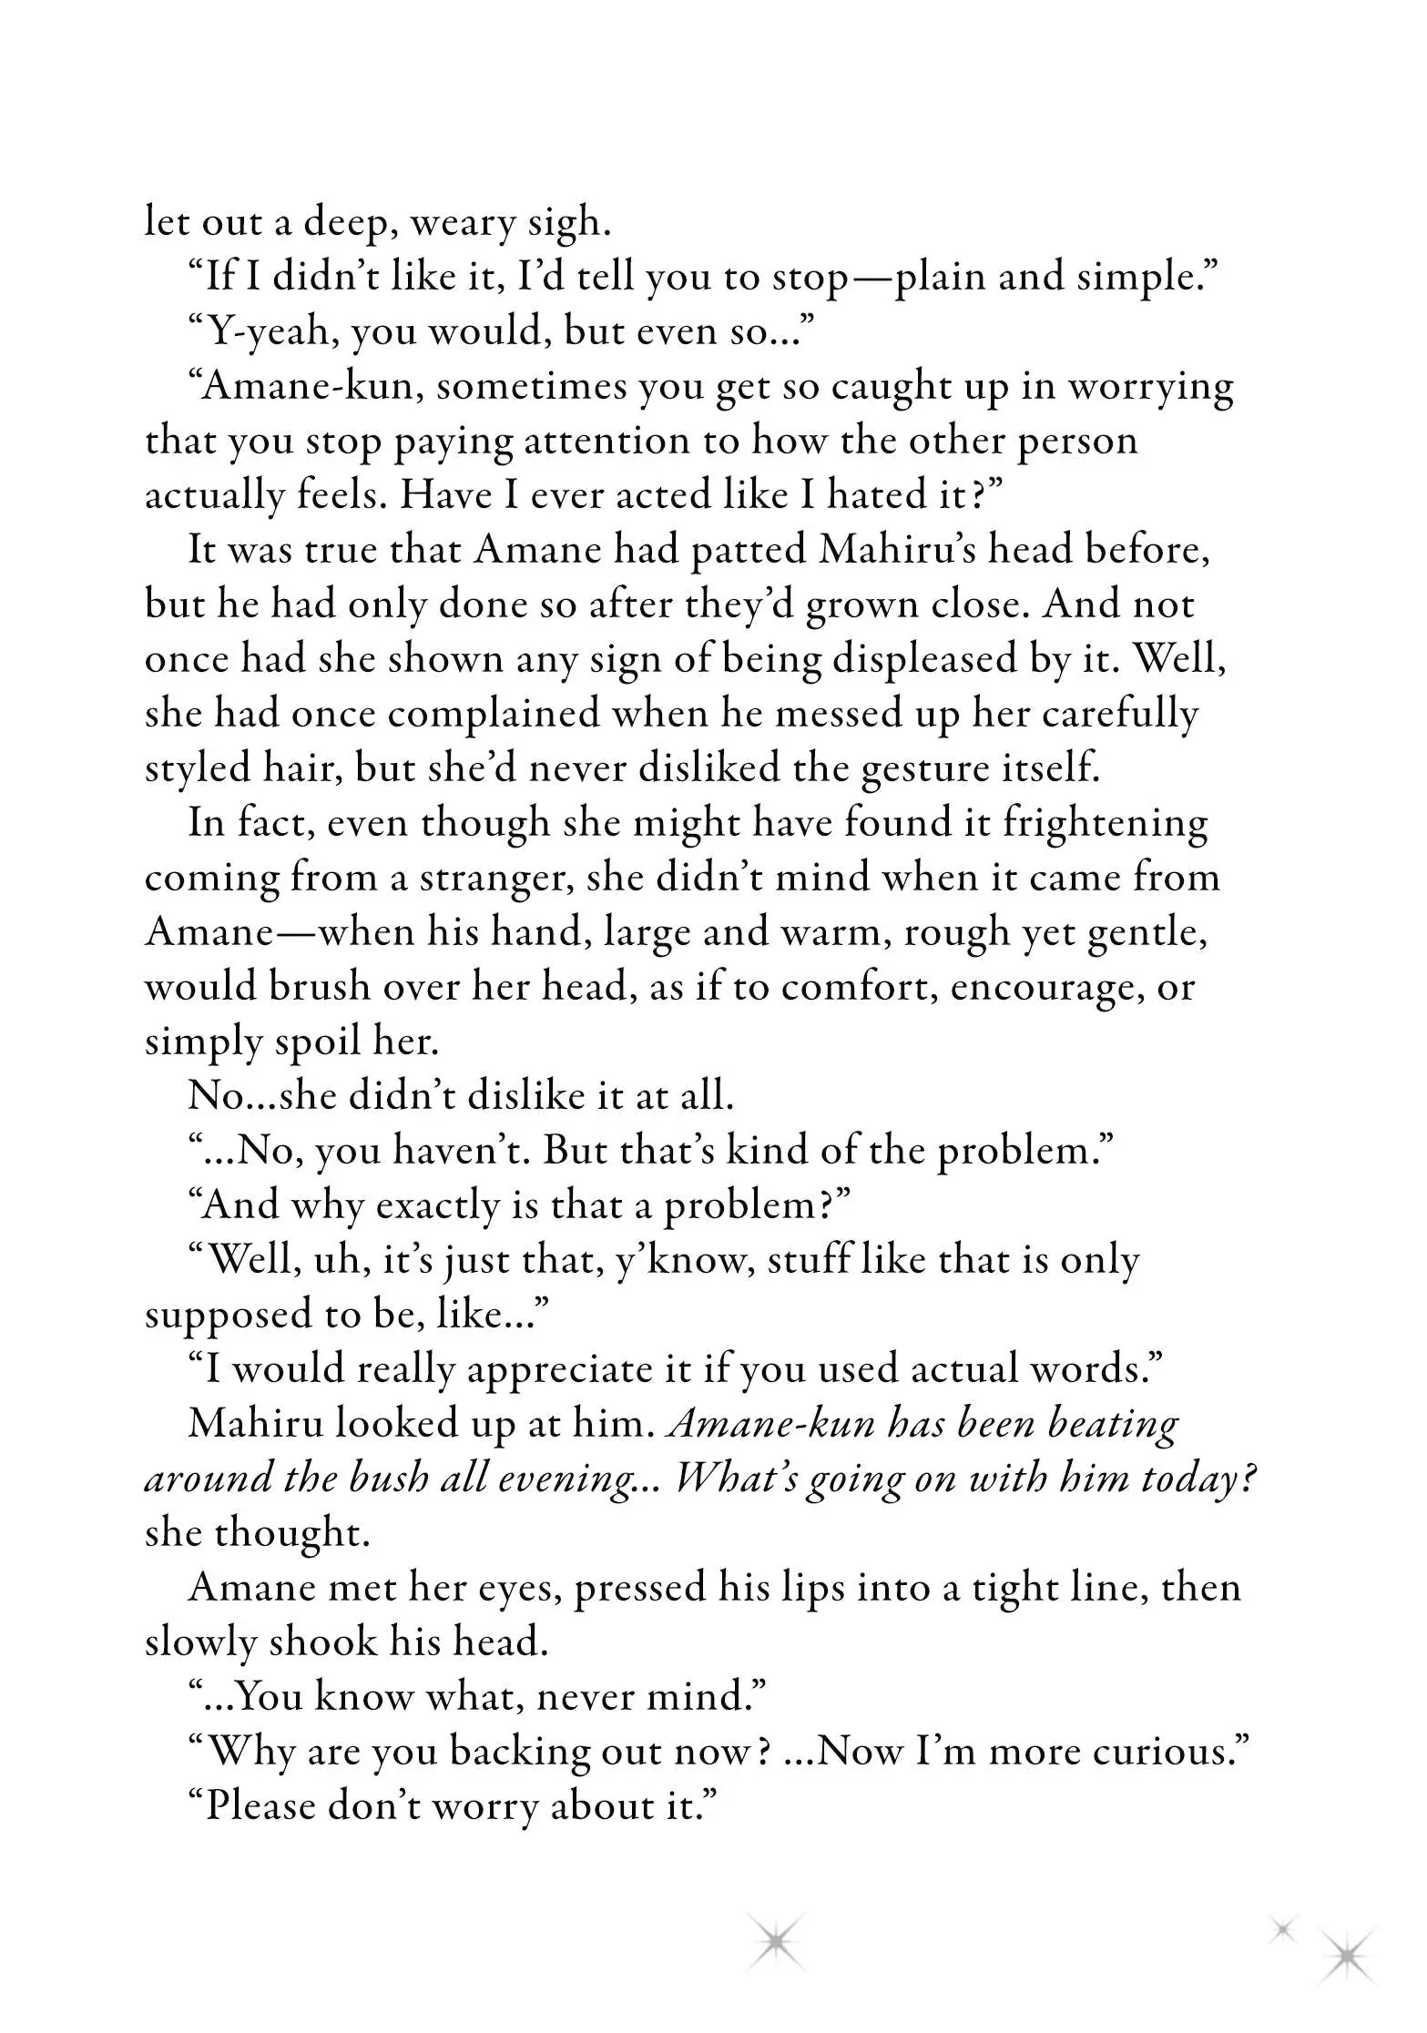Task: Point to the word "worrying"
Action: (1151, 387)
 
